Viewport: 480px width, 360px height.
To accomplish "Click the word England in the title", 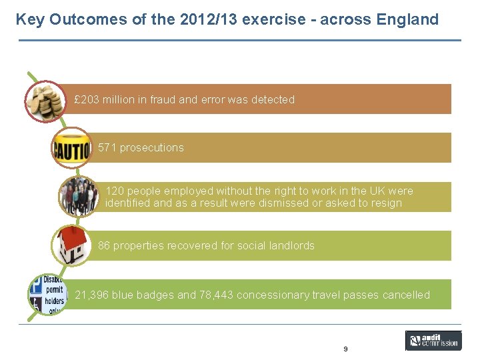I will [x=407, y=19].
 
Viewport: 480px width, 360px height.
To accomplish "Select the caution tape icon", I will [x=71, y=148].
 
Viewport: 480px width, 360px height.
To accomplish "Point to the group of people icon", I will [x=78, y=197].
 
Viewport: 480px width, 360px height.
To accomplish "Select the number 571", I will [x=107, y=147].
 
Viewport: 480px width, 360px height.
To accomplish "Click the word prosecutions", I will [x=151, y=147].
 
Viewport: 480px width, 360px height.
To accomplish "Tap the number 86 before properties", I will [x=104, y=245].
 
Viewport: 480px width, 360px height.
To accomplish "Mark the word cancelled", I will [x=406, y=295].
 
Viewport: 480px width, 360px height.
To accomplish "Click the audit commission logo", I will [x=433, y=341].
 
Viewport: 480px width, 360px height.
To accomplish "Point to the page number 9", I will [x=345, y=349].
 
